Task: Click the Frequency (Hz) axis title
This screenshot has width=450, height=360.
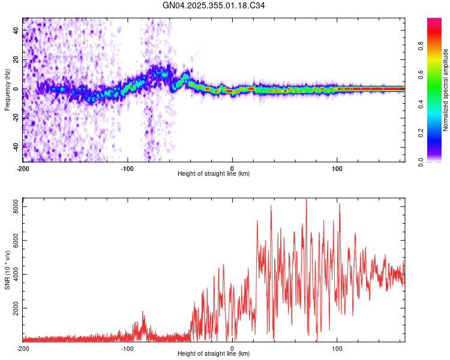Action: (7, 90)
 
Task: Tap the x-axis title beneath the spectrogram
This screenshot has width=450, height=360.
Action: (214, 174)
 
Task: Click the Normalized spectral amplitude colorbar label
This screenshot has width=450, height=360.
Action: (446, 90)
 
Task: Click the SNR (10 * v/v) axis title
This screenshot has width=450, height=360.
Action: (7, 269)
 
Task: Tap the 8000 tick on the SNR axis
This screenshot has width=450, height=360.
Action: (13, 206)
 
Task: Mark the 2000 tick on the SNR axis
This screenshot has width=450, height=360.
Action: (13, 308)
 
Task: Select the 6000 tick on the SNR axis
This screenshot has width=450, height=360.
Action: (13, 240)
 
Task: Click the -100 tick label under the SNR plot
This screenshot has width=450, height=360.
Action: (127, 348)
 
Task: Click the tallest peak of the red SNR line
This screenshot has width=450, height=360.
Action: (307, 199)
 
